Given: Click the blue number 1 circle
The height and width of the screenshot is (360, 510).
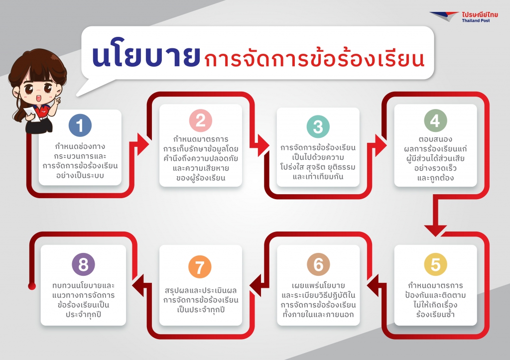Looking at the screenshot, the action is pos(80,125).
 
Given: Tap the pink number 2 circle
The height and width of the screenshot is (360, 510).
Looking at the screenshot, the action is pos(201,120).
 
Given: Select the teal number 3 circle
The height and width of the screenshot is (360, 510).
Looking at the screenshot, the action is pos(318,126).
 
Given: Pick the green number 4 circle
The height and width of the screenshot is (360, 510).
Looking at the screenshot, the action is pos(435,120).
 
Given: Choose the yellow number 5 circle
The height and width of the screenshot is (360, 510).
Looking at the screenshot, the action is pos(435,264).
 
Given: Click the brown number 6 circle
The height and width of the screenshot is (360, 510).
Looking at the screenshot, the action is pos(318,264).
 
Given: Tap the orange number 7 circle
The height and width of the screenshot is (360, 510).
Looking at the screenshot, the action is pos(200,267).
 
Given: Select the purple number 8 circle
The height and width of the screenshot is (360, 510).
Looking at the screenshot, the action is pos(83,264).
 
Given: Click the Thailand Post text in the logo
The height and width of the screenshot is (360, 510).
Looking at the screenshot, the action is pos(476,20).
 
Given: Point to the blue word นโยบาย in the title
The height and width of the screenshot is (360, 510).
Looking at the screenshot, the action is pos(146,56).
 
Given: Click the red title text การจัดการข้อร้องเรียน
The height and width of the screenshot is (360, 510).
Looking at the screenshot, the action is pos(314,59).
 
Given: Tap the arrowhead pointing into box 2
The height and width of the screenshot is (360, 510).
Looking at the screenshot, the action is pos(143,144).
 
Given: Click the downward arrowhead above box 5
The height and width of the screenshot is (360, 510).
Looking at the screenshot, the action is pos(435,230).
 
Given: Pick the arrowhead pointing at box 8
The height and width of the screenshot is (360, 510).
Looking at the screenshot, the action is pos(138,285).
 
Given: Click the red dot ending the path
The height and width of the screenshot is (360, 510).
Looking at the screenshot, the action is pos(32,286).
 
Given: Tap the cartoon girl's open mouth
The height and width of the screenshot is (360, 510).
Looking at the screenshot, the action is pos(38,98).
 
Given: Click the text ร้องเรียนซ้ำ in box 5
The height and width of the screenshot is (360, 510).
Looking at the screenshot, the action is pos(435,314).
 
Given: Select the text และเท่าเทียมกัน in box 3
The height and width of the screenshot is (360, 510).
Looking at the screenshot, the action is pos(318,177).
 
